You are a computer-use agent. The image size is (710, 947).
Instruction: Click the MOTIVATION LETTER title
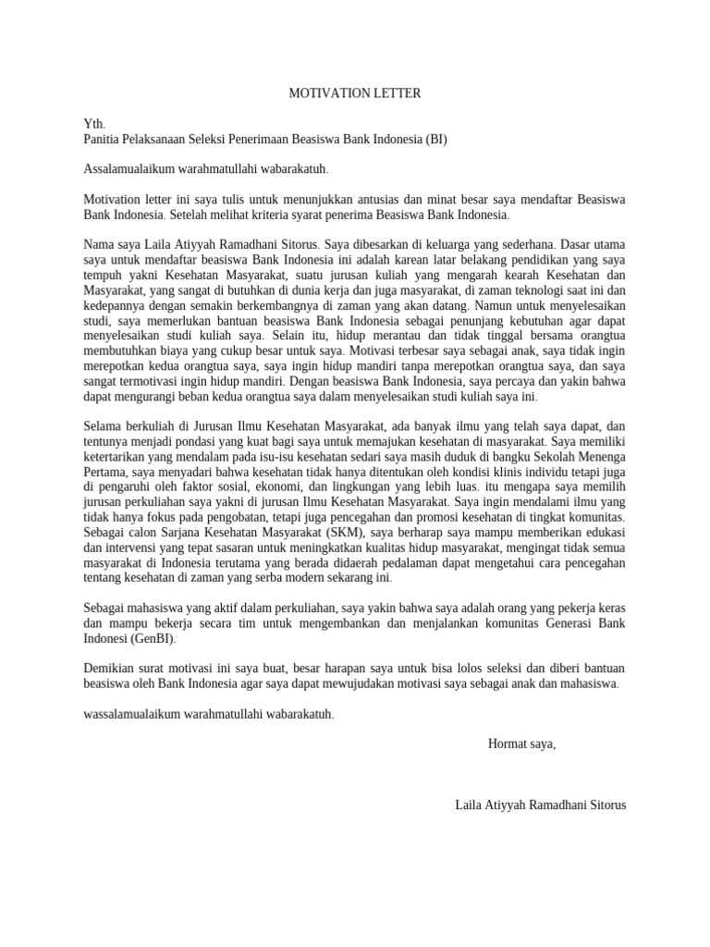354,93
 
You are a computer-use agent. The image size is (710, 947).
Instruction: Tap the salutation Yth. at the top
94,124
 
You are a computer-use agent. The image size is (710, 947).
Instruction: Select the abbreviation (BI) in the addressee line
435,139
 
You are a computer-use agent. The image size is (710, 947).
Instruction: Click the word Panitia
104,139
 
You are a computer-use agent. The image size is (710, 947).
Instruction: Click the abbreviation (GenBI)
150,638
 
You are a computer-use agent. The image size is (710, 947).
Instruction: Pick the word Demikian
111,669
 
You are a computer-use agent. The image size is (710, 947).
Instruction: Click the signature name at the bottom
540,804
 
